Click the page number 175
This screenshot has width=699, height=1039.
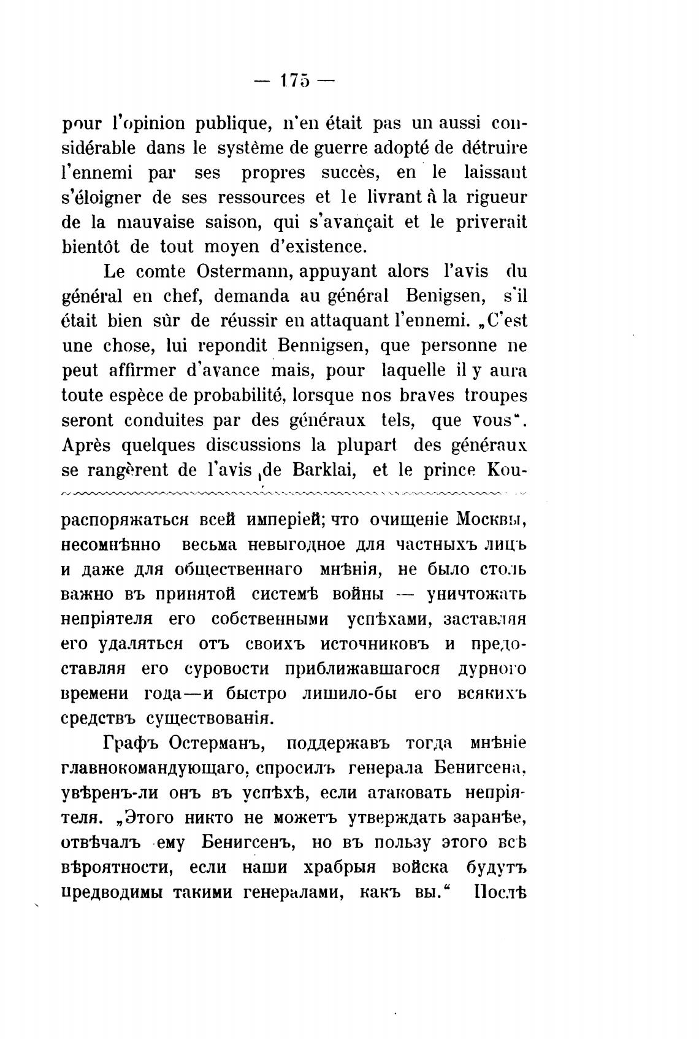pos(292,81)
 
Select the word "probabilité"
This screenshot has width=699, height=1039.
pos(240,395)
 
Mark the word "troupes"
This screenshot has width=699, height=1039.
pos(495,395)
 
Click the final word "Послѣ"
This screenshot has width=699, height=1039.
pos(500,892)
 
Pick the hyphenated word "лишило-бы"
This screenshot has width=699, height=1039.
pos(349,694)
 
